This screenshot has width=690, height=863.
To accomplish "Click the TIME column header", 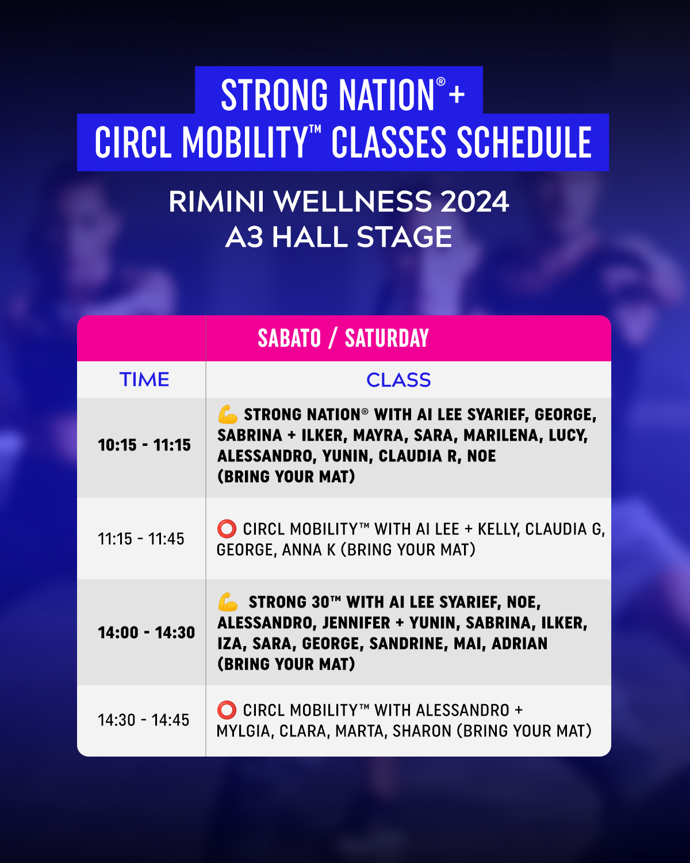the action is [x=144, y=379].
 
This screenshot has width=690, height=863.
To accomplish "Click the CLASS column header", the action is [x=398, y=380].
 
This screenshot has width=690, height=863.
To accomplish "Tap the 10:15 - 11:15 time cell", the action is [x=144, y=445].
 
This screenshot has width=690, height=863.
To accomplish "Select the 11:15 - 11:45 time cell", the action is [x=141, y=539].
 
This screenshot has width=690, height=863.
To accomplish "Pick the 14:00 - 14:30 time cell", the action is [x=147, y=632].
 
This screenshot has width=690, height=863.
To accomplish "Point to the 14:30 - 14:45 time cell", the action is [x=144, y=720].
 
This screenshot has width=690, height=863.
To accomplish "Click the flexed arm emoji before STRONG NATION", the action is [x=228, y=414].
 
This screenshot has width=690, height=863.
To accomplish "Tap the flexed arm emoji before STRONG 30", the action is [x=228, y=602].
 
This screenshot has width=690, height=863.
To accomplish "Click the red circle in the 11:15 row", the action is [x=227, y=529].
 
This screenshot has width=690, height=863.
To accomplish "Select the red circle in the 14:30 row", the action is [x=227, y=710].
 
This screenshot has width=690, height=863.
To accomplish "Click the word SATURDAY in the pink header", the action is [x=387, y=338].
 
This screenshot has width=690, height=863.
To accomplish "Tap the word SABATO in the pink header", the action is [x=289, y=338].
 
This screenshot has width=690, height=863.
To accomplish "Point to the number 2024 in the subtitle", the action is [x=475, y=201].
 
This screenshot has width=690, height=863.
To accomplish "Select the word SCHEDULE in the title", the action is [x=524, y=142].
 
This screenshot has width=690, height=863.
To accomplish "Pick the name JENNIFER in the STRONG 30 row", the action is [x=356, y=623].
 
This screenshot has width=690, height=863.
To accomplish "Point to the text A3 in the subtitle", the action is [x=244, y=236].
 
